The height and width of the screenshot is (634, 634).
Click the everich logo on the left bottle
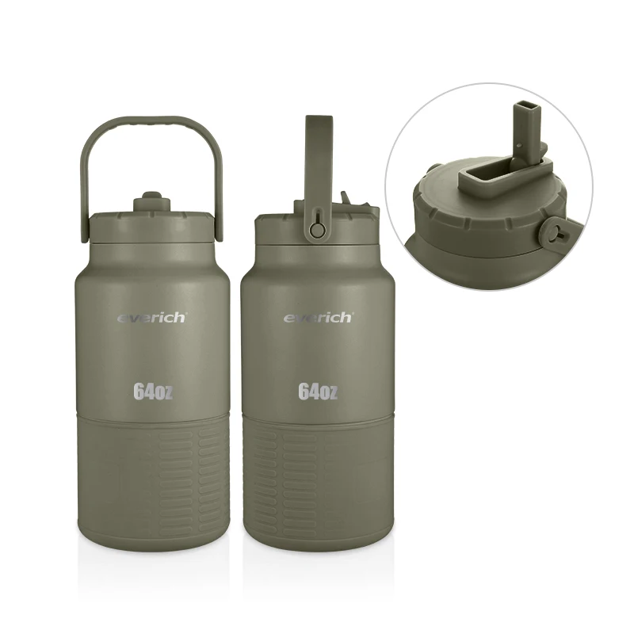tap(152, 318)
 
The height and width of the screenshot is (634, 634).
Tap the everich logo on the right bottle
tap(318, 318)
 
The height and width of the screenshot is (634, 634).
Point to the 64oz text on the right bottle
tap(318, 391)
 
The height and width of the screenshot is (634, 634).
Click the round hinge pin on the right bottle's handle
tap(318, 230)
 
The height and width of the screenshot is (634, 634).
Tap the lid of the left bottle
tap(152, 227)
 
